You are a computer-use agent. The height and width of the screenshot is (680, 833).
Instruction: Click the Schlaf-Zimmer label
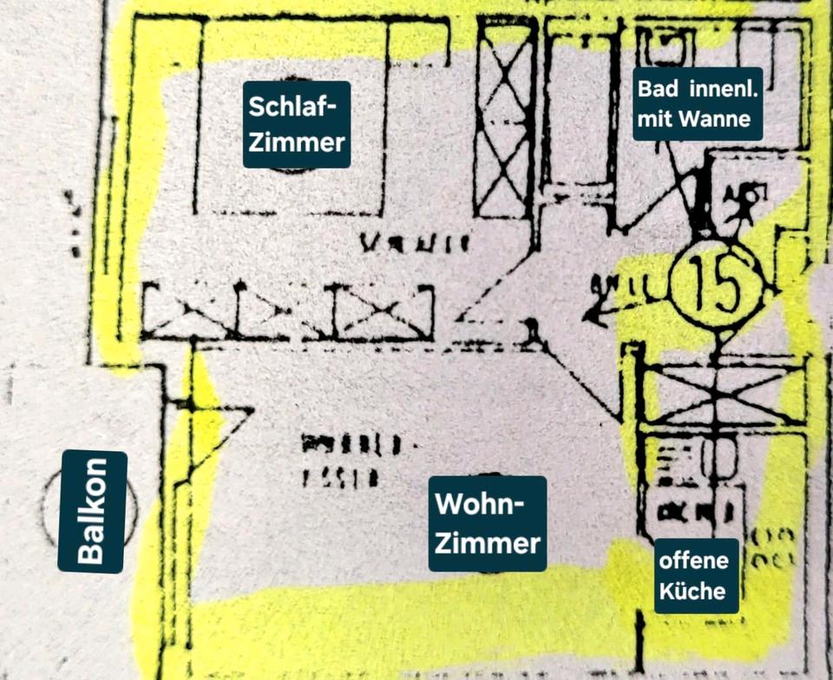click(x=297, y=124)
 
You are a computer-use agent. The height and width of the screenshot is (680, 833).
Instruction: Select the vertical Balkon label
click(x=93, y=511)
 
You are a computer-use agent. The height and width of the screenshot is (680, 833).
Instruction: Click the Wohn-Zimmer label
click(x=488, y=523)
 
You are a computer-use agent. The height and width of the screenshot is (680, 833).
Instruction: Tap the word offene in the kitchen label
click(x=693, y=560)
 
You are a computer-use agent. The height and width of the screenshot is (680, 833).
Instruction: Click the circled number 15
click(x=717, y=288)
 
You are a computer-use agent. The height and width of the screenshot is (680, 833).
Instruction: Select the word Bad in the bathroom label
click(x=656, y=88)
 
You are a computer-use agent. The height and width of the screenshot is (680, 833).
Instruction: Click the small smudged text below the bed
click(x=415, y=242)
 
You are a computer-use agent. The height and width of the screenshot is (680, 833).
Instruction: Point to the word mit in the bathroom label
click(x=656, y=119)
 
